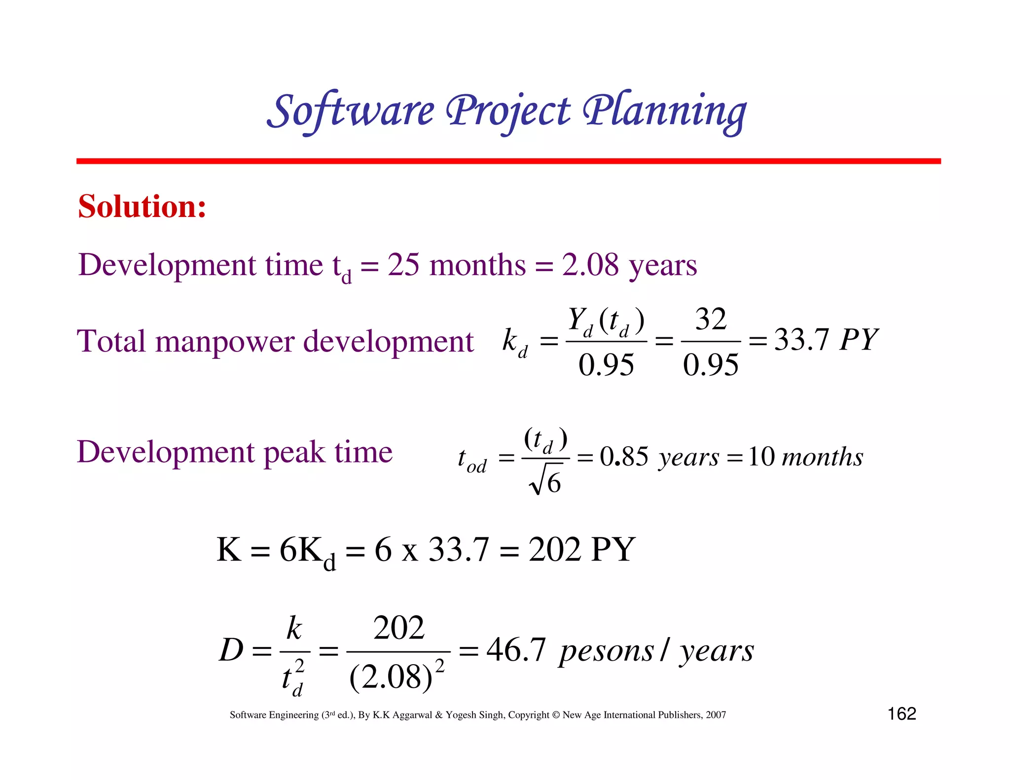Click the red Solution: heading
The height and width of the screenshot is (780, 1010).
142,206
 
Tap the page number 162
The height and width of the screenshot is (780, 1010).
902,713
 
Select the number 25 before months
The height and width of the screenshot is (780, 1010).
403,265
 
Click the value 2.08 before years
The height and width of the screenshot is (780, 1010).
590,265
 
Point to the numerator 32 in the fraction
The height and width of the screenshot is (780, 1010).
711,319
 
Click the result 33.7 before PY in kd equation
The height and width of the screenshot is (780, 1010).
801,340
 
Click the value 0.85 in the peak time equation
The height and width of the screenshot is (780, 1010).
624,457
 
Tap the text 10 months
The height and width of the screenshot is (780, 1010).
805,457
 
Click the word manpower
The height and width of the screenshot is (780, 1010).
224,341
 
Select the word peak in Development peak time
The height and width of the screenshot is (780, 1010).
294,452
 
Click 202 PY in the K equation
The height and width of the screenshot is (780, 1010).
581,549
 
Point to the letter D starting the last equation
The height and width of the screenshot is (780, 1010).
231,650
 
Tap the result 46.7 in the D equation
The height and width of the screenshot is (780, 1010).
516,650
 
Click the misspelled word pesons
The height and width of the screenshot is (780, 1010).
606,651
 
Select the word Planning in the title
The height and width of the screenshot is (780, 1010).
664,111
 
